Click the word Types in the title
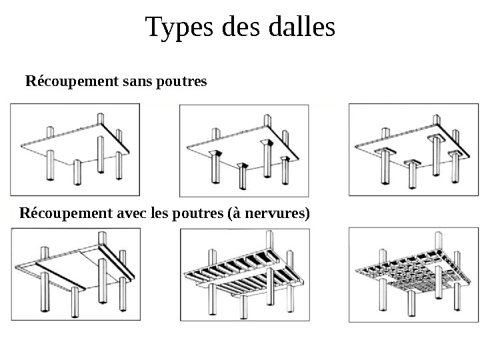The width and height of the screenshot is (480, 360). tap(175, 28)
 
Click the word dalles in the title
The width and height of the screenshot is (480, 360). tap(301, 28)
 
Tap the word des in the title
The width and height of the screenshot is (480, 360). tap(237, 28)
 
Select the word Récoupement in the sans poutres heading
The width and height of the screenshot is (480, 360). tap(64, 82)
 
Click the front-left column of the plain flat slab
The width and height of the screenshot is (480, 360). tap(49, 167)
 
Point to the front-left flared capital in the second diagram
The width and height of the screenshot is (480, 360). tap(215, 155)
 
